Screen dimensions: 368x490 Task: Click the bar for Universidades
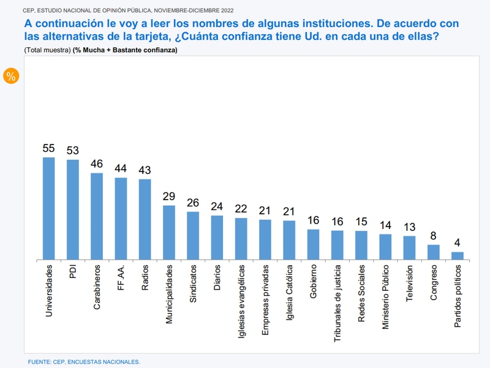[48, 209]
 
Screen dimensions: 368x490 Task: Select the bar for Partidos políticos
[457, 256]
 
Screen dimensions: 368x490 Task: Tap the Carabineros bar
[97, 217]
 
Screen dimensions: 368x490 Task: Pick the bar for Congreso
[433, 252]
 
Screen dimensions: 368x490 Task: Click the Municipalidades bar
[169, 233]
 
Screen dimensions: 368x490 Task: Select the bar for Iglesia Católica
[289, 240]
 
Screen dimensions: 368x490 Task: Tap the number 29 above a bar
[169, 197]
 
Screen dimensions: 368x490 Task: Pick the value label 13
[409, 227]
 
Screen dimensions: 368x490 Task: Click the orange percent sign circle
[11, 76]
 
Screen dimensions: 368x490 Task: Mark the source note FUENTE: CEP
[84, 362]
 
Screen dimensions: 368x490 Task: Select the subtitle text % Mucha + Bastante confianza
[125, 50]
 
